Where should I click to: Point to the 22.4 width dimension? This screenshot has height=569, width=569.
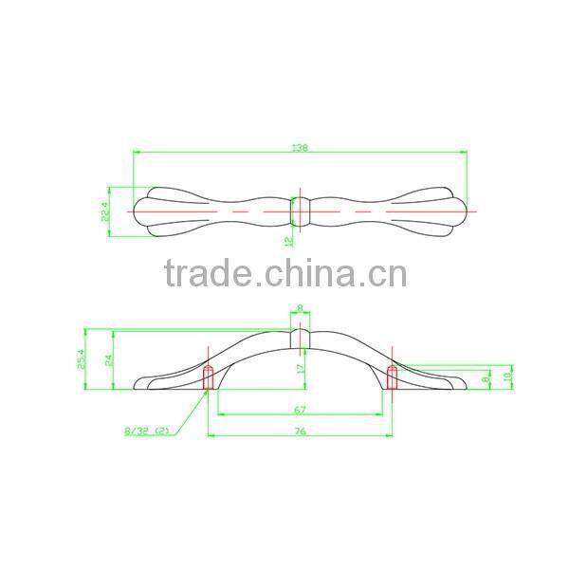[x=106, y=208]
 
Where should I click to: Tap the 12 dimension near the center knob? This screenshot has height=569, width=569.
[x=287, y=240]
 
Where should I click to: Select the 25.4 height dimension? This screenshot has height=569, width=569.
[x=83, y=358]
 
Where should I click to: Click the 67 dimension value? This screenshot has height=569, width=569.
[x=299, y=410]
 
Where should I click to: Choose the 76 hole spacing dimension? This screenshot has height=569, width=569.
[x=299, y=431]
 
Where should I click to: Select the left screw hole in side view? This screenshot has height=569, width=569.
[x=209, y=377]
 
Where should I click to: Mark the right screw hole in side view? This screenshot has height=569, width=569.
[x=391, y=377]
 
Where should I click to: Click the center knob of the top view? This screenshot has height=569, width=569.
[x=301, y=209]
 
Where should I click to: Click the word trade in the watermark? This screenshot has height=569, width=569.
[x=206, y=274]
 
